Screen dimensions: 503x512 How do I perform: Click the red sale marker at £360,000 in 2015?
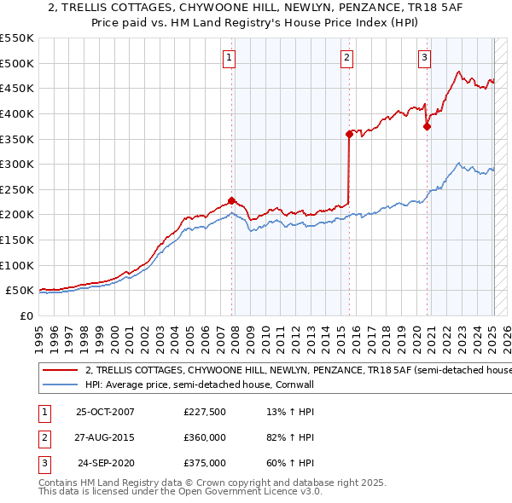click(x=349, y=134)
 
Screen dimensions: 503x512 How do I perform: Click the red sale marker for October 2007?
click(x=231, y=201)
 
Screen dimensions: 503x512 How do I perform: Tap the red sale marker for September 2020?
click(x=427, y=127)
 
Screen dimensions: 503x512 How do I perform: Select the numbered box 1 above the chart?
click(x=230, y=58)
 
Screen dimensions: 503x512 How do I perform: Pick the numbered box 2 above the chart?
click(x=347, y=58)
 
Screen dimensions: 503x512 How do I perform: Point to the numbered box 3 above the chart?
click(x=424, y=58)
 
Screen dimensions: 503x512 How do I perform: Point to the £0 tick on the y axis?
click(x=26, y=315)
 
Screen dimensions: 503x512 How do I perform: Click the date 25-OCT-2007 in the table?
click(x=105, y=412)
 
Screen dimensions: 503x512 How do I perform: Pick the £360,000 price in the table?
click(x=205, y=437)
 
